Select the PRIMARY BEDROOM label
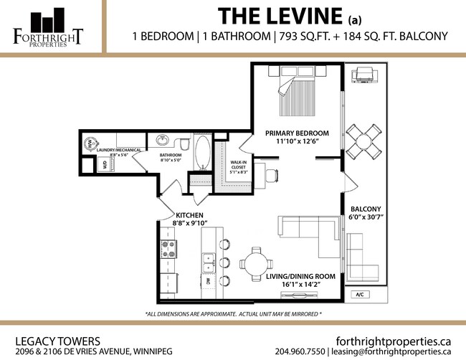(x=297, y=133)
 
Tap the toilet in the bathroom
(x=184, y=146)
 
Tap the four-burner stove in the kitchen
(x=169, y=249)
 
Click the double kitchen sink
(x=209, y=262)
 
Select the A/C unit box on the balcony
(x=361, y=295)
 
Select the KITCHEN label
(x=189, y=215)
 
